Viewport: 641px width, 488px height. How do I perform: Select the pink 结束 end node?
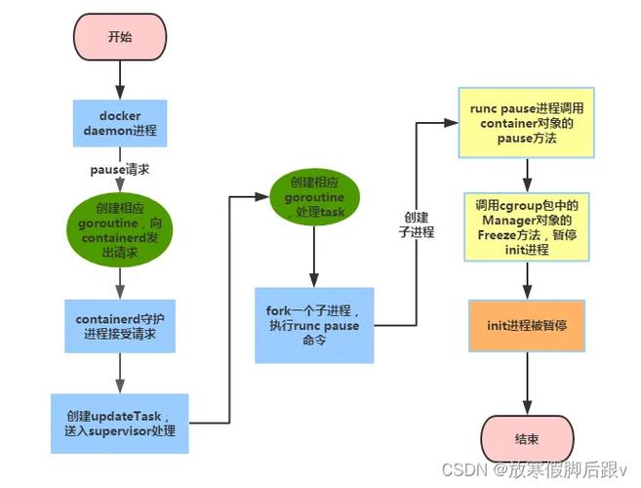point(527,438)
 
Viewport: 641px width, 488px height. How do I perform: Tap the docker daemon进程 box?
point(120,124)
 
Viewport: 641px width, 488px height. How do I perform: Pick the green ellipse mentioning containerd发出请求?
point(120,225)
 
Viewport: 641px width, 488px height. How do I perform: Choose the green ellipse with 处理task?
point(313,198)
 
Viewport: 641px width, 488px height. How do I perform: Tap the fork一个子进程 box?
point(313,325)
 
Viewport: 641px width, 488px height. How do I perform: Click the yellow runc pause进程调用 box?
point(527,123)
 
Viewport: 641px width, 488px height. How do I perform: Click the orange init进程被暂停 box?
point(527,324)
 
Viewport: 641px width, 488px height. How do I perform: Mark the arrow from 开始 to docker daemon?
point(120,82)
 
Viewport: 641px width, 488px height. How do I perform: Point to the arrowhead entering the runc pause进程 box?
point(452,123)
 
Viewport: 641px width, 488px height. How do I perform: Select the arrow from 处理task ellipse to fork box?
point(313,258)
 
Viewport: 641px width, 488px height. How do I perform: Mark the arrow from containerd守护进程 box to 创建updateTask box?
point(120,371)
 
